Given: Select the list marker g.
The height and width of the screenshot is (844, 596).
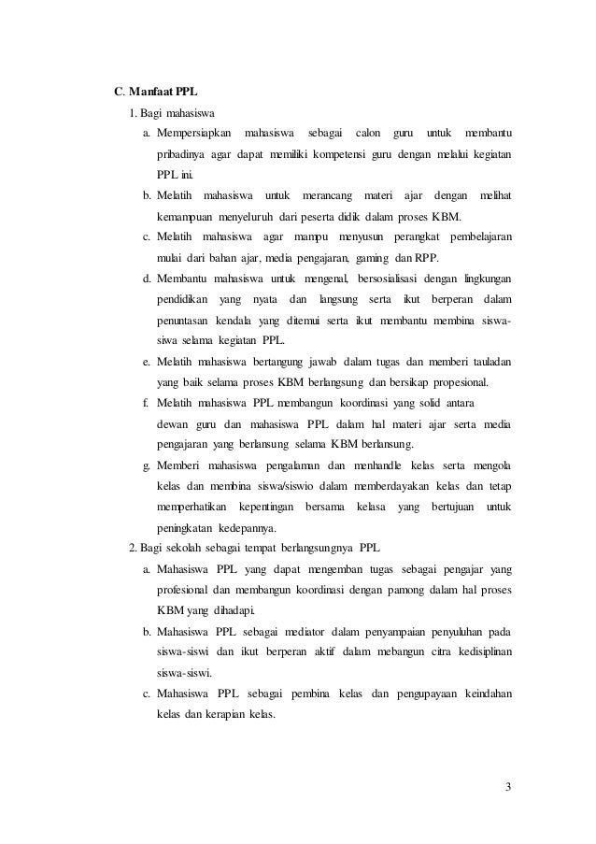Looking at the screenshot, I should [x=147, y=465].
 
